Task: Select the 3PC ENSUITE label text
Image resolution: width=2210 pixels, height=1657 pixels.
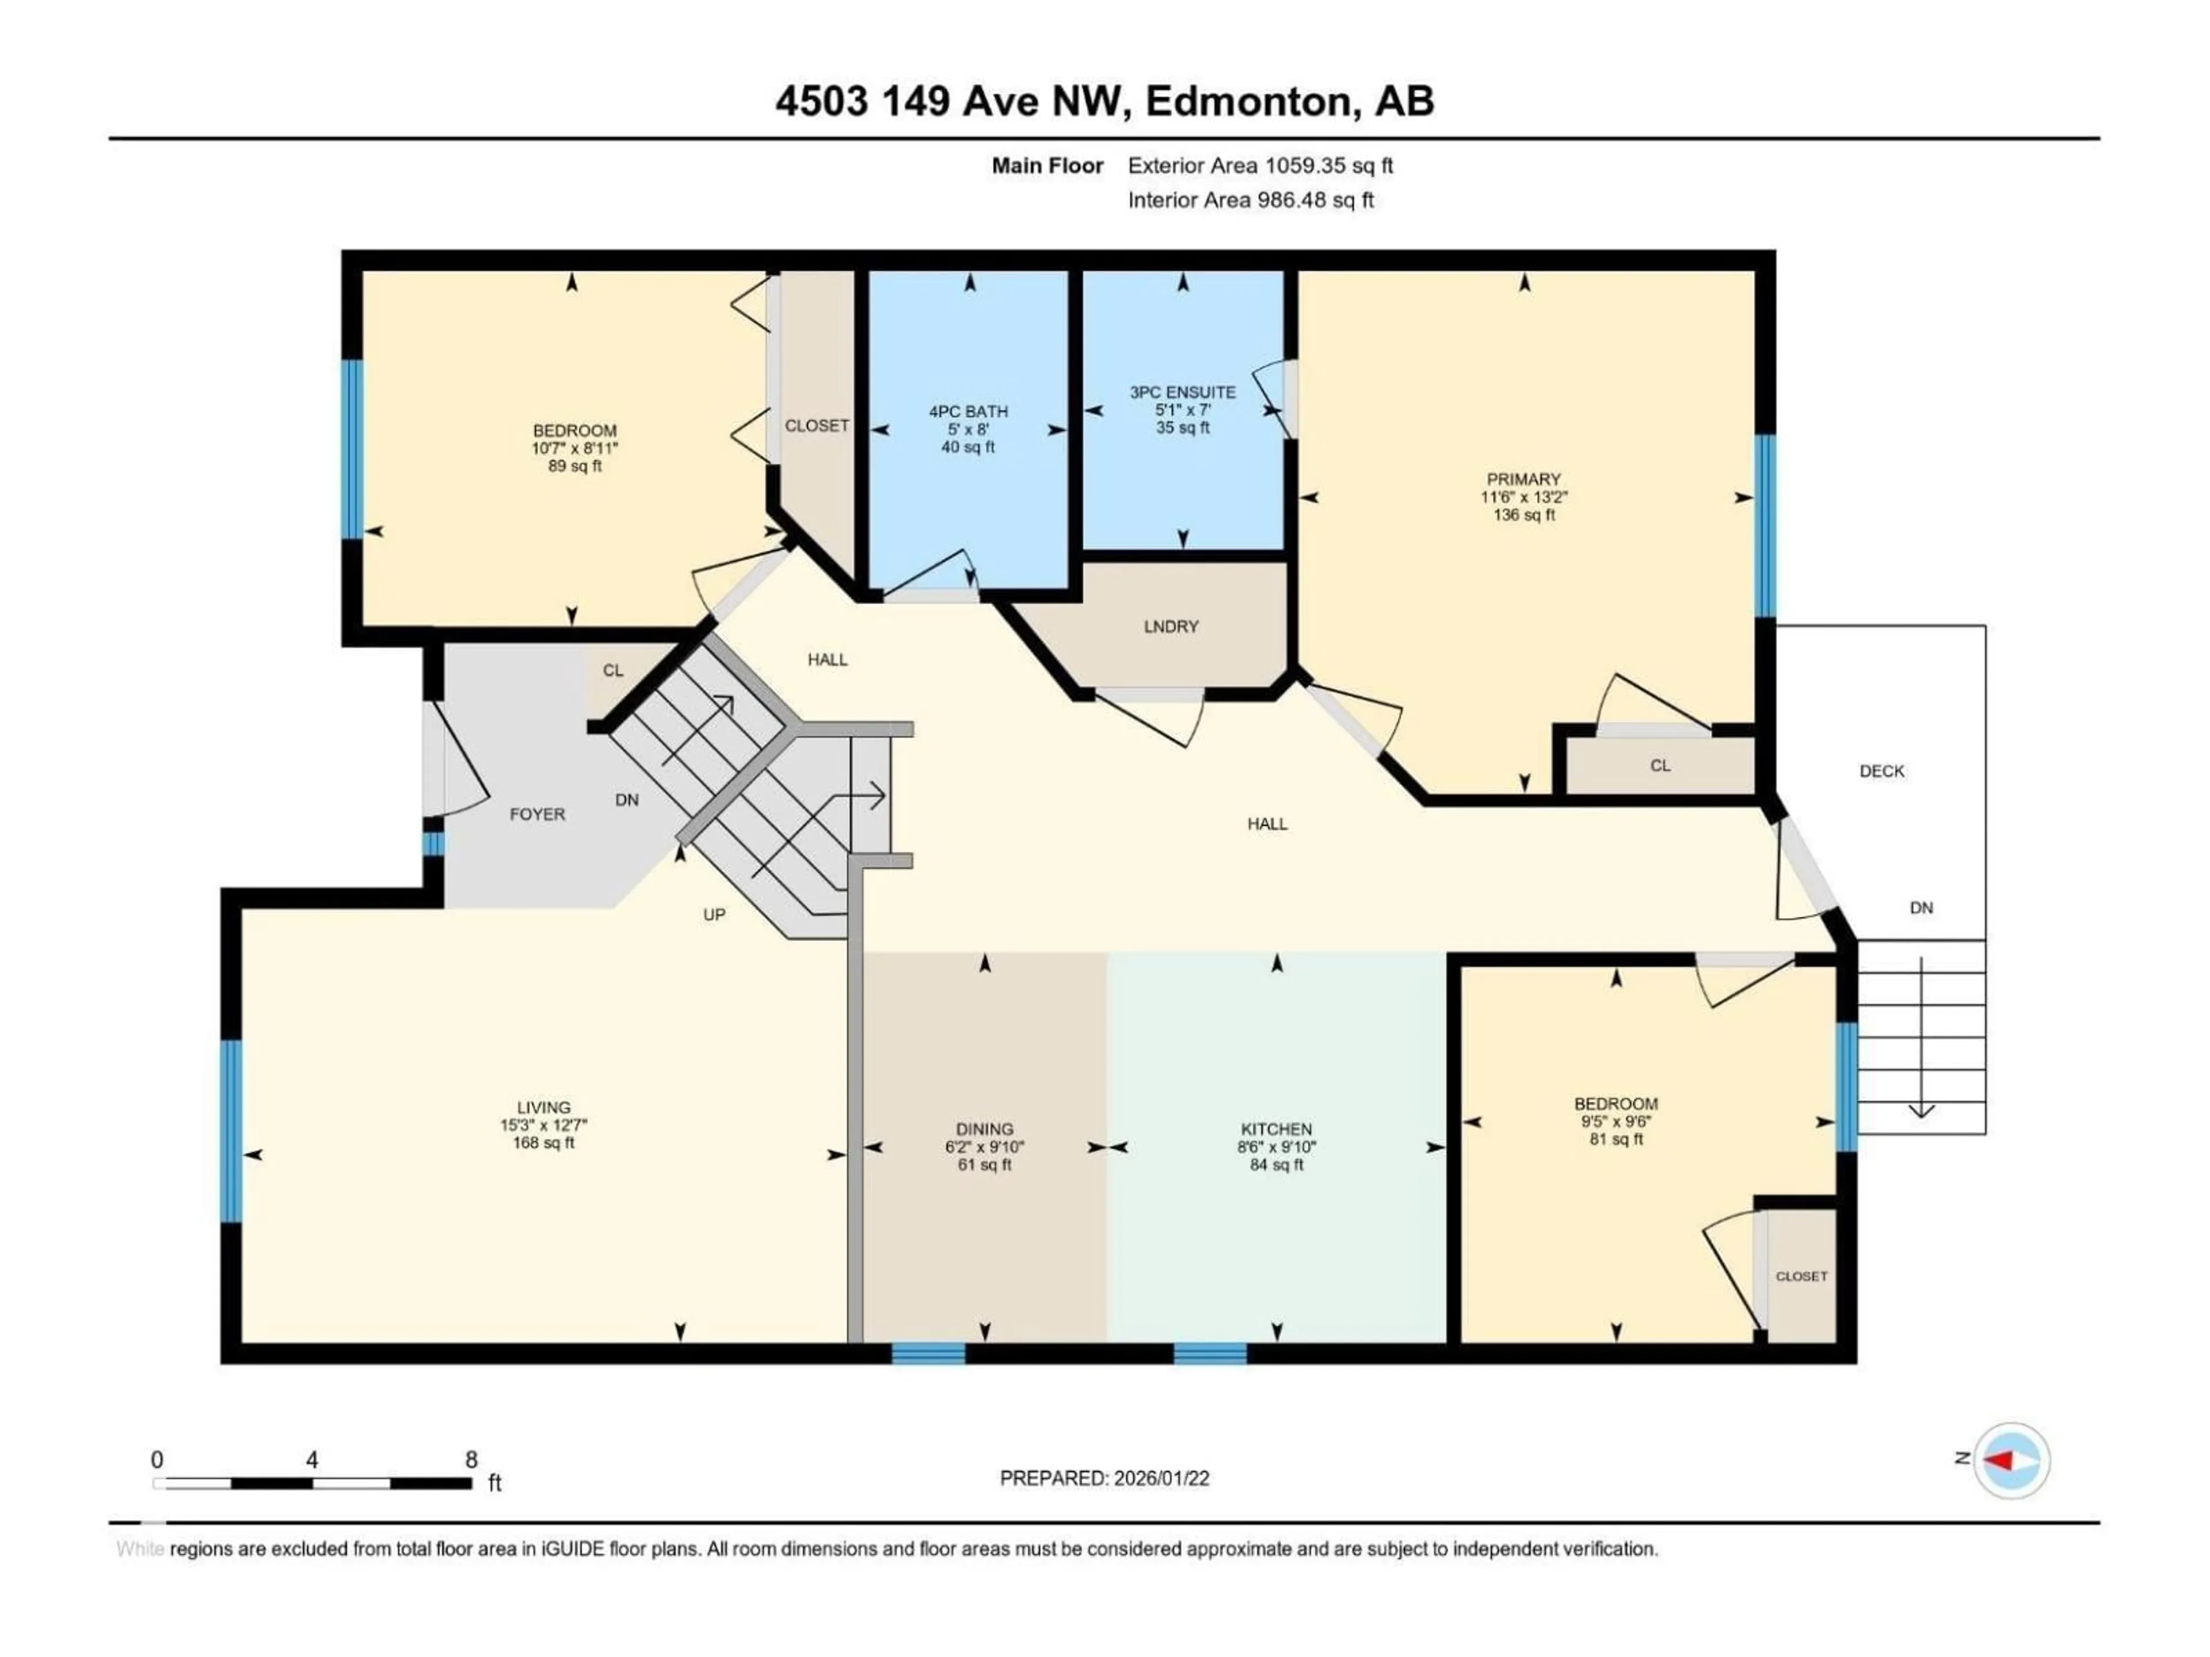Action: pyautogui.click(x=1182, y=392)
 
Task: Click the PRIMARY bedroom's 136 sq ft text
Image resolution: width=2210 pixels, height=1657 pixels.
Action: pyautogui.click(x=1523, y=516)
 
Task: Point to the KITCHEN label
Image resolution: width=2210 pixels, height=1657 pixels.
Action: pyautogui.click(x=1276, y=1129)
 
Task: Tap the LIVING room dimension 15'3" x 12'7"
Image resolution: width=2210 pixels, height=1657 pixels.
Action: pyautogui.click(x=543, y=1125)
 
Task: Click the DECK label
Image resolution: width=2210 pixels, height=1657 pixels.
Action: pyautogui.click(x=1881, y=771)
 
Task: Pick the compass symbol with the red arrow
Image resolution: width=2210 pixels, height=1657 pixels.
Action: pyautogui.click(x=2012, y=1460)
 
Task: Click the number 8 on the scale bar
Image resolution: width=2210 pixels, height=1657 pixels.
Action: pyautogui.click(x=471, y=1459)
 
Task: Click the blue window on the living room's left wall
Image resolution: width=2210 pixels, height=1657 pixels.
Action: pyautogui.click(x=231, y=1131)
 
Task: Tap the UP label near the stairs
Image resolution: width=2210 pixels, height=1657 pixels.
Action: pyautogui.click(x=713, y=914)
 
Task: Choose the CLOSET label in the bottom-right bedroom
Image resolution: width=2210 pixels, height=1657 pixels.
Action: pyautogui.click(x=1801, y=1277)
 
